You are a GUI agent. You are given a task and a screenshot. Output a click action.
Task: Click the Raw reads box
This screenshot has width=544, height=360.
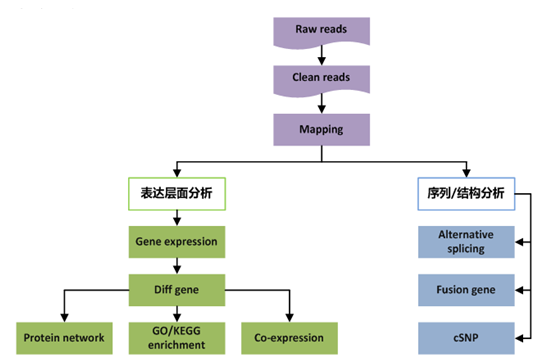[322, 30]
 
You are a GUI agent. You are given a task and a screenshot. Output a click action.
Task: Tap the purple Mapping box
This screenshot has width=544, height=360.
[322, 129]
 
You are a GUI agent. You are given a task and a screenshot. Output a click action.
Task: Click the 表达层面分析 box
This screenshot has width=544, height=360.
[176, 194]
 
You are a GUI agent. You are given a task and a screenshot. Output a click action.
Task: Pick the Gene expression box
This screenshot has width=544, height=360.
[176, 242]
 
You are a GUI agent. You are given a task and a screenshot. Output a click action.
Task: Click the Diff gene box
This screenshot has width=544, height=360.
[176, 290]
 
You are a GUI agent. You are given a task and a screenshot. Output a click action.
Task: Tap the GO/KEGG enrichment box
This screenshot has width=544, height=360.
[176, 337]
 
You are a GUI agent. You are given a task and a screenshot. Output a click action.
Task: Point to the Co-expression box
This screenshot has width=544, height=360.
[290, 337]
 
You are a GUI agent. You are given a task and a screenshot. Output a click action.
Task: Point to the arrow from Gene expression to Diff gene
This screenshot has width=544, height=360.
[176, 266]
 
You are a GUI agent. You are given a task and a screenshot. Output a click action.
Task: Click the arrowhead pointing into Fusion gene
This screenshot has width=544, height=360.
[520, 290]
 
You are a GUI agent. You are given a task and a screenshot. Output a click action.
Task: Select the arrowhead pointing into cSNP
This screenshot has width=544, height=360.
[520, 337]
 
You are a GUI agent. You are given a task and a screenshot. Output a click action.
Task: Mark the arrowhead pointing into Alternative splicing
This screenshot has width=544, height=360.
[520, 241]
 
